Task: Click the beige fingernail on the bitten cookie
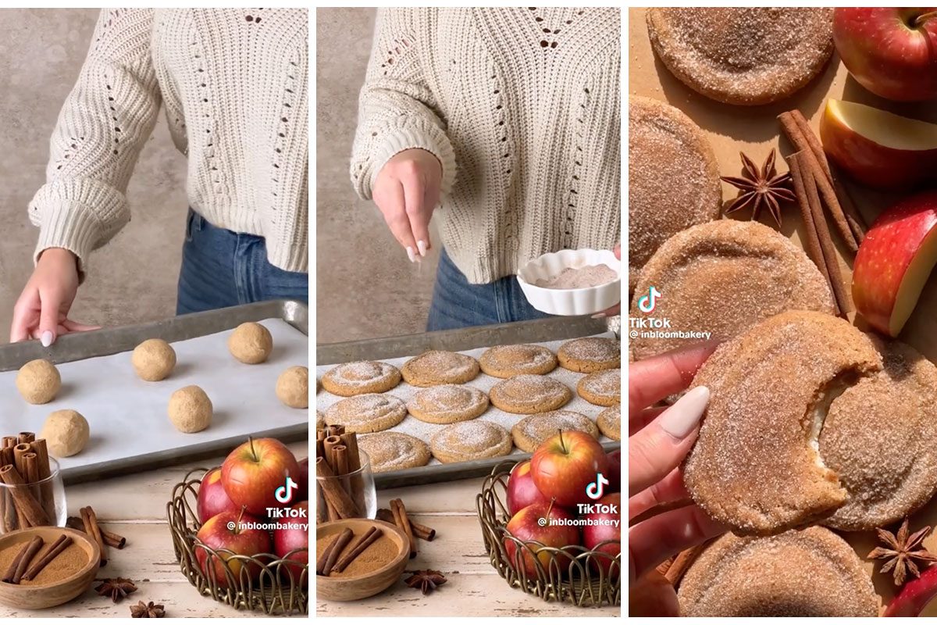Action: [685, 412]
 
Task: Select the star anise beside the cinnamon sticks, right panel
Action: [757, 186]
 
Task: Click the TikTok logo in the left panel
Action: [286, 491]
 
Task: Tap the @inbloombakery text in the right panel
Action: [670, 334]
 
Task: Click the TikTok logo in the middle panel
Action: [597, 486]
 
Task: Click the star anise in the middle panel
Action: [426, 580]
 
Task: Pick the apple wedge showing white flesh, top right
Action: [878, 141]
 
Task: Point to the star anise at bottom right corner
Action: [902, 551]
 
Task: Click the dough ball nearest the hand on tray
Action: [37, 381]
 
